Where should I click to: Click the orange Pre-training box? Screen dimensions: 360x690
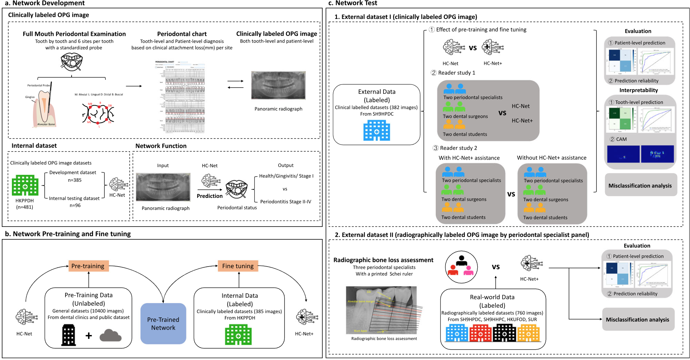(88, 266)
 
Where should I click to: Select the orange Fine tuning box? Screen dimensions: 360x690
(238, 266)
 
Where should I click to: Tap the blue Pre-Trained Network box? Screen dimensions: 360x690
(163, 323)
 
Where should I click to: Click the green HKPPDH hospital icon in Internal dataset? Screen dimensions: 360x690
(25, 185)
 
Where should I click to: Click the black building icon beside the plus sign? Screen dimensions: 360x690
(68, 335)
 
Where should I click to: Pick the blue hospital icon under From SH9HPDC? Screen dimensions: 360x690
(377, 130)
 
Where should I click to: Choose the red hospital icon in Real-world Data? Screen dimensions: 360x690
(480, 333)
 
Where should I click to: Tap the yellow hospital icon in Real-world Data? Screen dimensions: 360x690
(528, 333)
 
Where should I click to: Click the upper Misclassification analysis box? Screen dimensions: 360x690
(640, 185)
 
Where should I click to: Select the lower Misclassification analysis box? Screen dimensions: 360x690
(638, 319)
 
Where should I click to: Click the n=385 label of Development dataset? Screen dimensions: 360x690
(75, 180)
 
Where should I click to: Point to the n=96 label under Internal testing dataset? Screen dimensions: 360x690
(75, 205)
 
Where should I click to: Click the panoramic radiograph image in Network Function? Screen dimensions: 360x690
(163, 187)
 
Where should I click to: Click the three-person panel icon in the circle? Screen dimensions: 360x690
(461, 267)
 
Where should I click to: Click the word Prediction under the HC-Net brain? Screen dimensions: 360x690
(210, 196)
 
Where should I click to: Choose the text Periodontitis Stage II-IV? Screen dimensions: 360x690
(286, 201)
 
